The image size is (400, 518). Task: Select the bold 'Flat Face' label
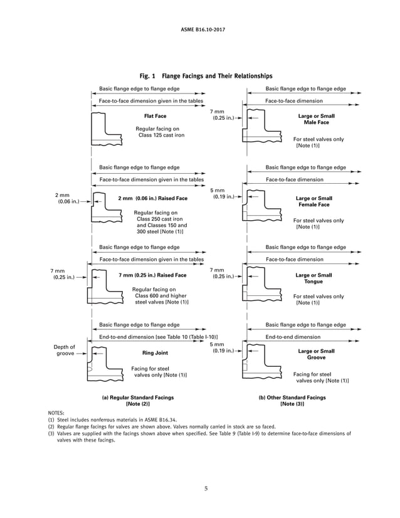click(x=155, y=116)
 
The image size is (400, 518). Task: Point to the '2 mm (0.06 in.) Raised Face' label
click(x=152, y=198)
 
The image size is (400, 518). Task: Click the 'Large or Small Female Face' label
click(x=313, y=201)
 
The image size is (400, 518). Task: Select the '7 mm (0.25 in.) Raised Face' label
click(x=152, y=275)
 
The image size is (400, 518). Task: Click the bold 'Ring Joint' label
click(x=155, y=353)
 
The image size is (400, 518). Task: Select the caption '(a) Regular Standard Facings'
click(x=138, y=398)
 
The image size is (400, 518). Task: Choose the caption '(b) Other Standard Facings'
click(x=292, y=398)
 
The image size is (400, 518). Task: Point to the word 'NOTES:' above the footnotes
click(x=56, y=413)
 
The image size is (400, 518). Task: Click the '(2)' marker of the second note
click(x=51, y=426)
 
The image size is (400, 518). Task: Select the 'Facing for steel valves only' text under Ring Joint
click(x=159, y=372)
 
